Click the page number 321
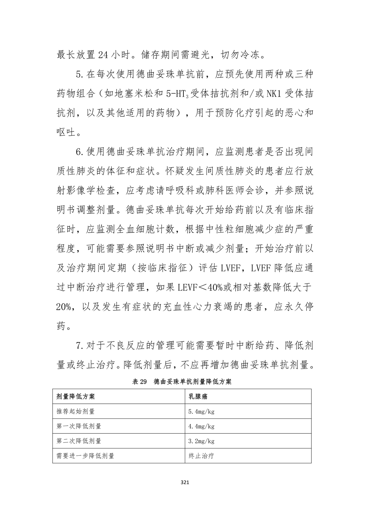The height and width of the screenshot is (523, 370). (x=185, y=483)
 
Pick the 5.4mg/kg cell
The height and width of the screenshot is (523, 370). (x=201, y=411)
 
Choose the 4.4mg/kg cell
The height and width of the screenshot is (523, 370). (x=201, y=426)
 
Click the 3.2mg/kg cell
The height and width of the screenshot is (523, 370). (x=201, y=441)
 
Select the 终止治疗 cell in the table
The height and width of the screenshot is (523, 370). (x=201, y=456)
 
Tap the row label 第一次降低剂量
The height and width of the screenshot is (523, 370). (x=79, y=426)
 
